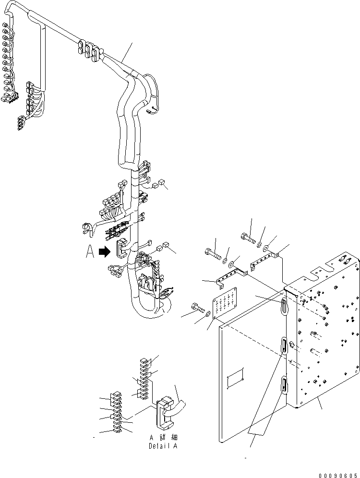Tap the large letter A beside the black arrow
tap(90, 252)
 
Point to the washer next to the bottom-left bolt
tap(208, 314)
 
